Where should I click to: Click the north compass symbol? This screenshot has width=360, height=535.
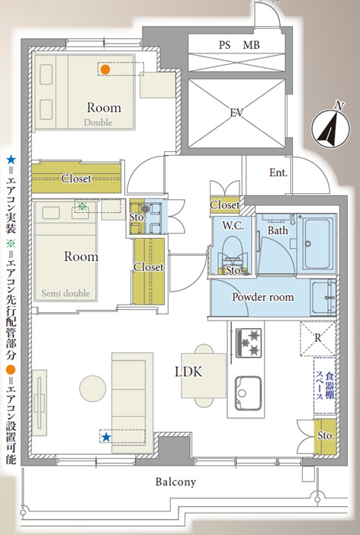click(331, 128)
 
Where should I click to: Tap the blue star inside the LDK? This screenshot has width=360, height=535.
click(106, 437)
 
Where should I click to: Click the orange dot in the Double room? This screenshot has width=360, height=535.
click(105, 69)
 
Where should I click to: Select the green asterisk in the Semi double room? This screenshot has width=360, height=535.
click(82, 206)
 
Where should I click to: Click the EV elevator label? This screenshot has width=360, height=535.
click(236, 113)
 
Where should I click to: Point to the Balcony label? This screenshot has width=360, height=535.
click(175, 482)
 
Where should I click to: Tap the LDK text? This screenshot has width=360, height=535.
click(188, 372)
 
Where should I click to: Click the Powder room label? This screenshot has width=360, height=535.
click(263, 297)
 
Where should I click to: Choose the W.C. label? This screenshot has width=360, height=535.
click(233, 226)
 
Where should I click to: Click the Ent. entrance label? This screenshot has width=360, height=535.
click(278, 172)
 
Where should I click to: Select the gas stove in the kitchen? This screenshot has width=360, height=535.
click(249, 343)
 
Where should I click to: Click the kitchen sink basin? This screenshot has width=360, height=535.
click(249, 393)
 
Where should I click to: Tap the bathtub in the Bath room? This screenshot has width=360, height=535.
click(318, 243)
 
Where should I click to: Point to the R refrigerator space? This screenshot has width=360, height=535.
click(318, 338)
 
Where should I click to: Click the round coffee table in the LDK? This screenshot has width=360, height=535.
click(92, 388)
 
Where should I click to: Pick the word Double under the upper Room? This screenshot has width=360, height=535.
click(98, 122)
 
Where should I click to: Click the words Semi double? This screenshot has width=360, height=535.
click(66, 293)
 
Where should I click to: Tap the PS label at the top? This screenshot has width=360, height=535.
click(225, 45)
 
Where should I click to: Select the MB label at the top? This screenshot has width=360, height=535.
click(251, 45)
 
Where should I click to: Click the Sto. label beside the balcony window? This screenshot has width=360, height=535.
click(326, 435)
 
